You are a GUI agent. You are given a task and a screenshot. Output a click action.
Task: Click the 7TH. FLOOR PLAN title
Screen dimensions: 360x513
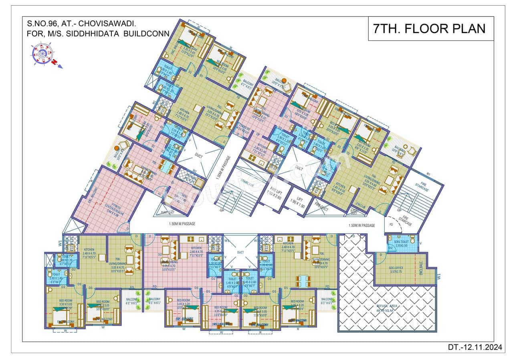point(429,28)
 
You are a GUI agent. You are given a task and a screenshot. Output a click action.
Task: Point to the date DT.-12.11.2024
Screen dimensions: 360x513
point(475,347)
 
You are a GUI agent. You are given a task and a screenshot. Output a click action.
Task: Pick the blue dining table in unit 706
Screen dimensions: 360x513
point(303,279)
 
